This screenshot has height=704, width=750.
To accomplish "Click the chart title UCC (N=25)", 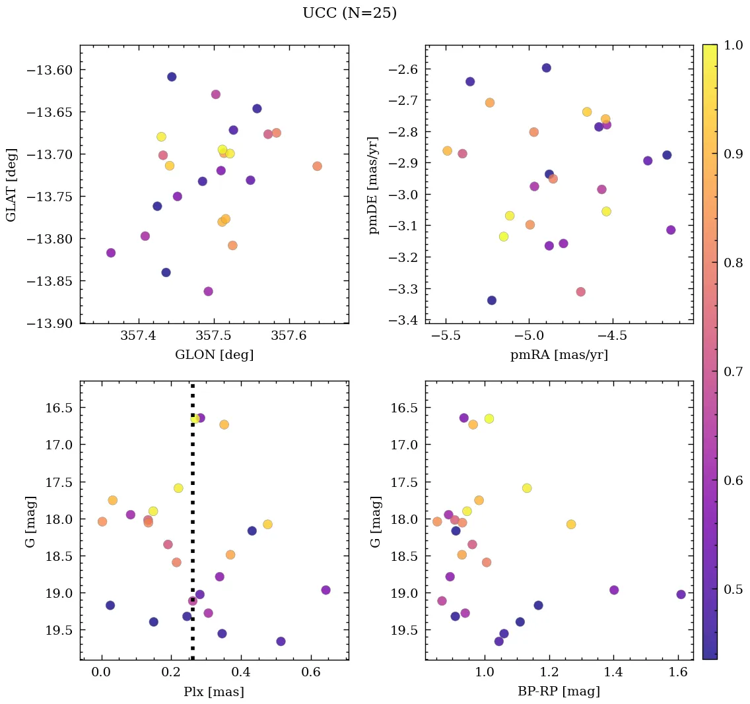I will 349,13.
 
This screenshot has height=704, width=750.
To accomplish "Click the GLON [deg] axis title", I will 214,355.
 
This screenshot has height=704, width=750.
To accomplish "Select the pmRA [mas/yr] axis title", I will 559,355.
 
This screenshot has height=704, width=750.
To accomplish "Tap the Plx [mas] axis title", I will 214,691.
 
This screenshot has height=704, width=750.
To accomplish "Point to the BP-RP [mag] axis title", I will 559,691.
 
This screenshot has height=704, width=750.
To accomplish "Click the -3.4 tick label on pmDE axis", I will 405,321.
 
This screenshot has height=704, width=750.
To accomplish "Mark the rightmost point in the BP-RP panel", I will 681,594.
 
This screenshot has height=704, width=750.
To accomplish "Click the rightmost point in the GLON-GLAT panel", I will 317,166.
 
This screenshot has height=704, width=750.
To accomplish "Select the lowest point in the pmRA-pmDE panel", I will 491,300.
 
